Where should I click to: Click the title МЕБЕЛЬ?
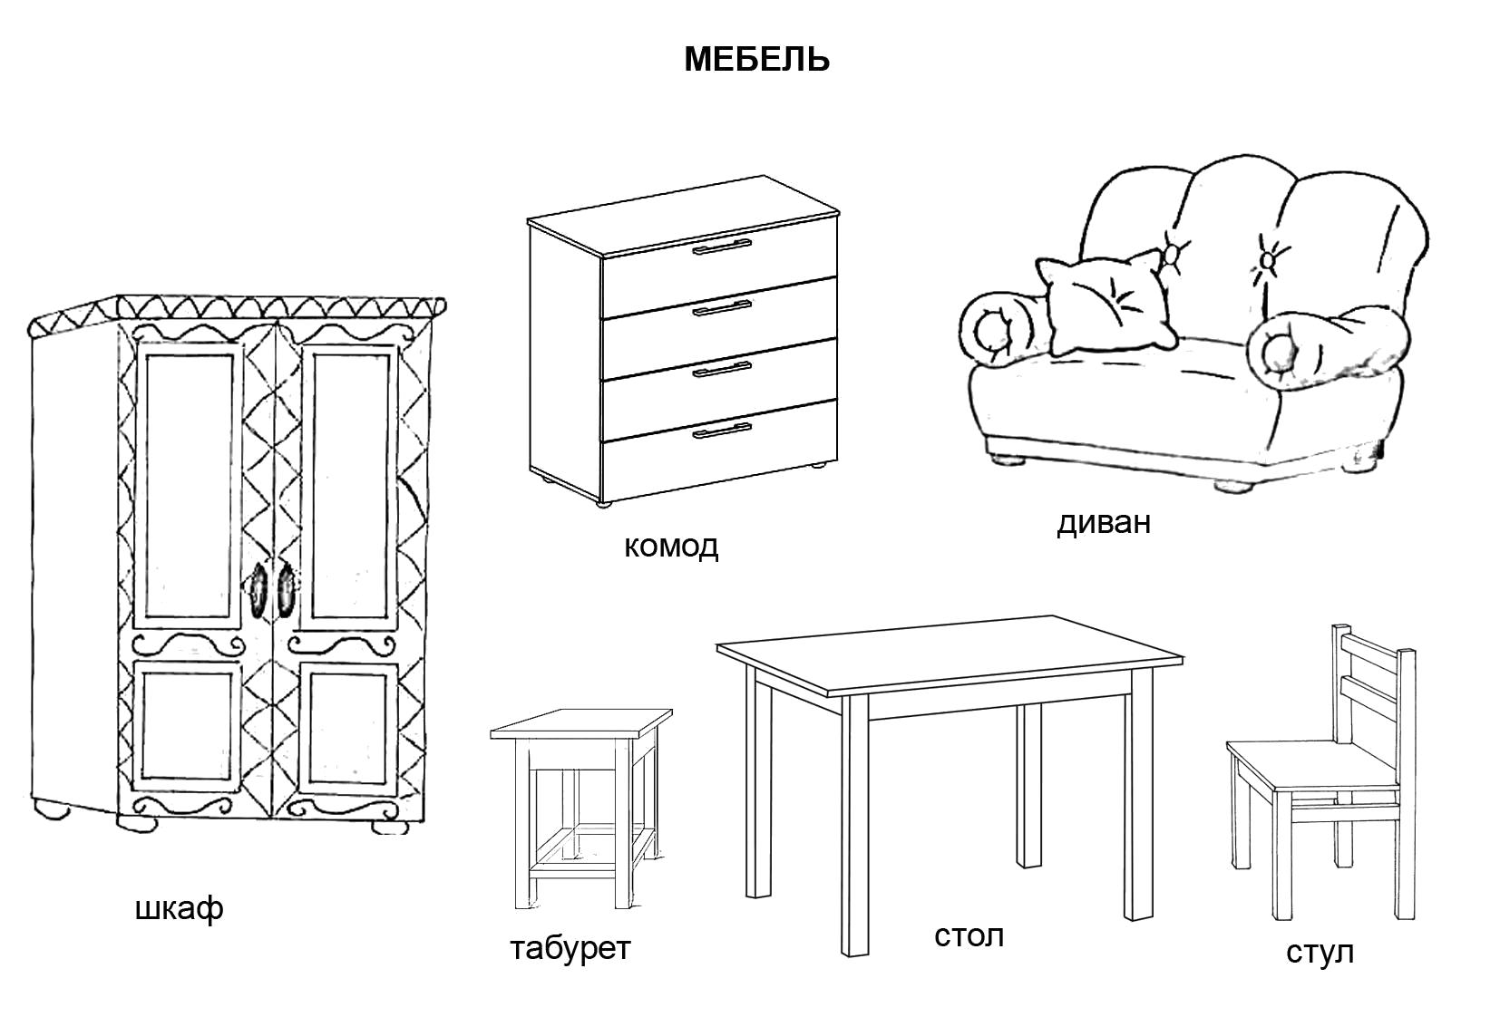(755, 60)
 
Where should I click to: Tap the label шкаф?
(179, 908)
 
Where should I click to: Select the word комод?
(670, 546)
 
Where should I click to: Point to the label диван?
(1103, 522)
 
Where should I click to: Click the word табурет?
(570, 948)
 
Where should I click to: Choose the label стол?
(969, 935)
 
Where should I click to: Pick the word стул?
(1320, 952)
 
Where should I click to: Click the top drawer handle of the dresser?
(722, 247)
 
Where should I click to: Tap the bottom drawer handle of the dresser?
(722, 430)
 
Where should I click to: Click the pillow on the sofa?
(1107, 305)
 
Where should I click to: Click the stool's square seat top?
(580, 723)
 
